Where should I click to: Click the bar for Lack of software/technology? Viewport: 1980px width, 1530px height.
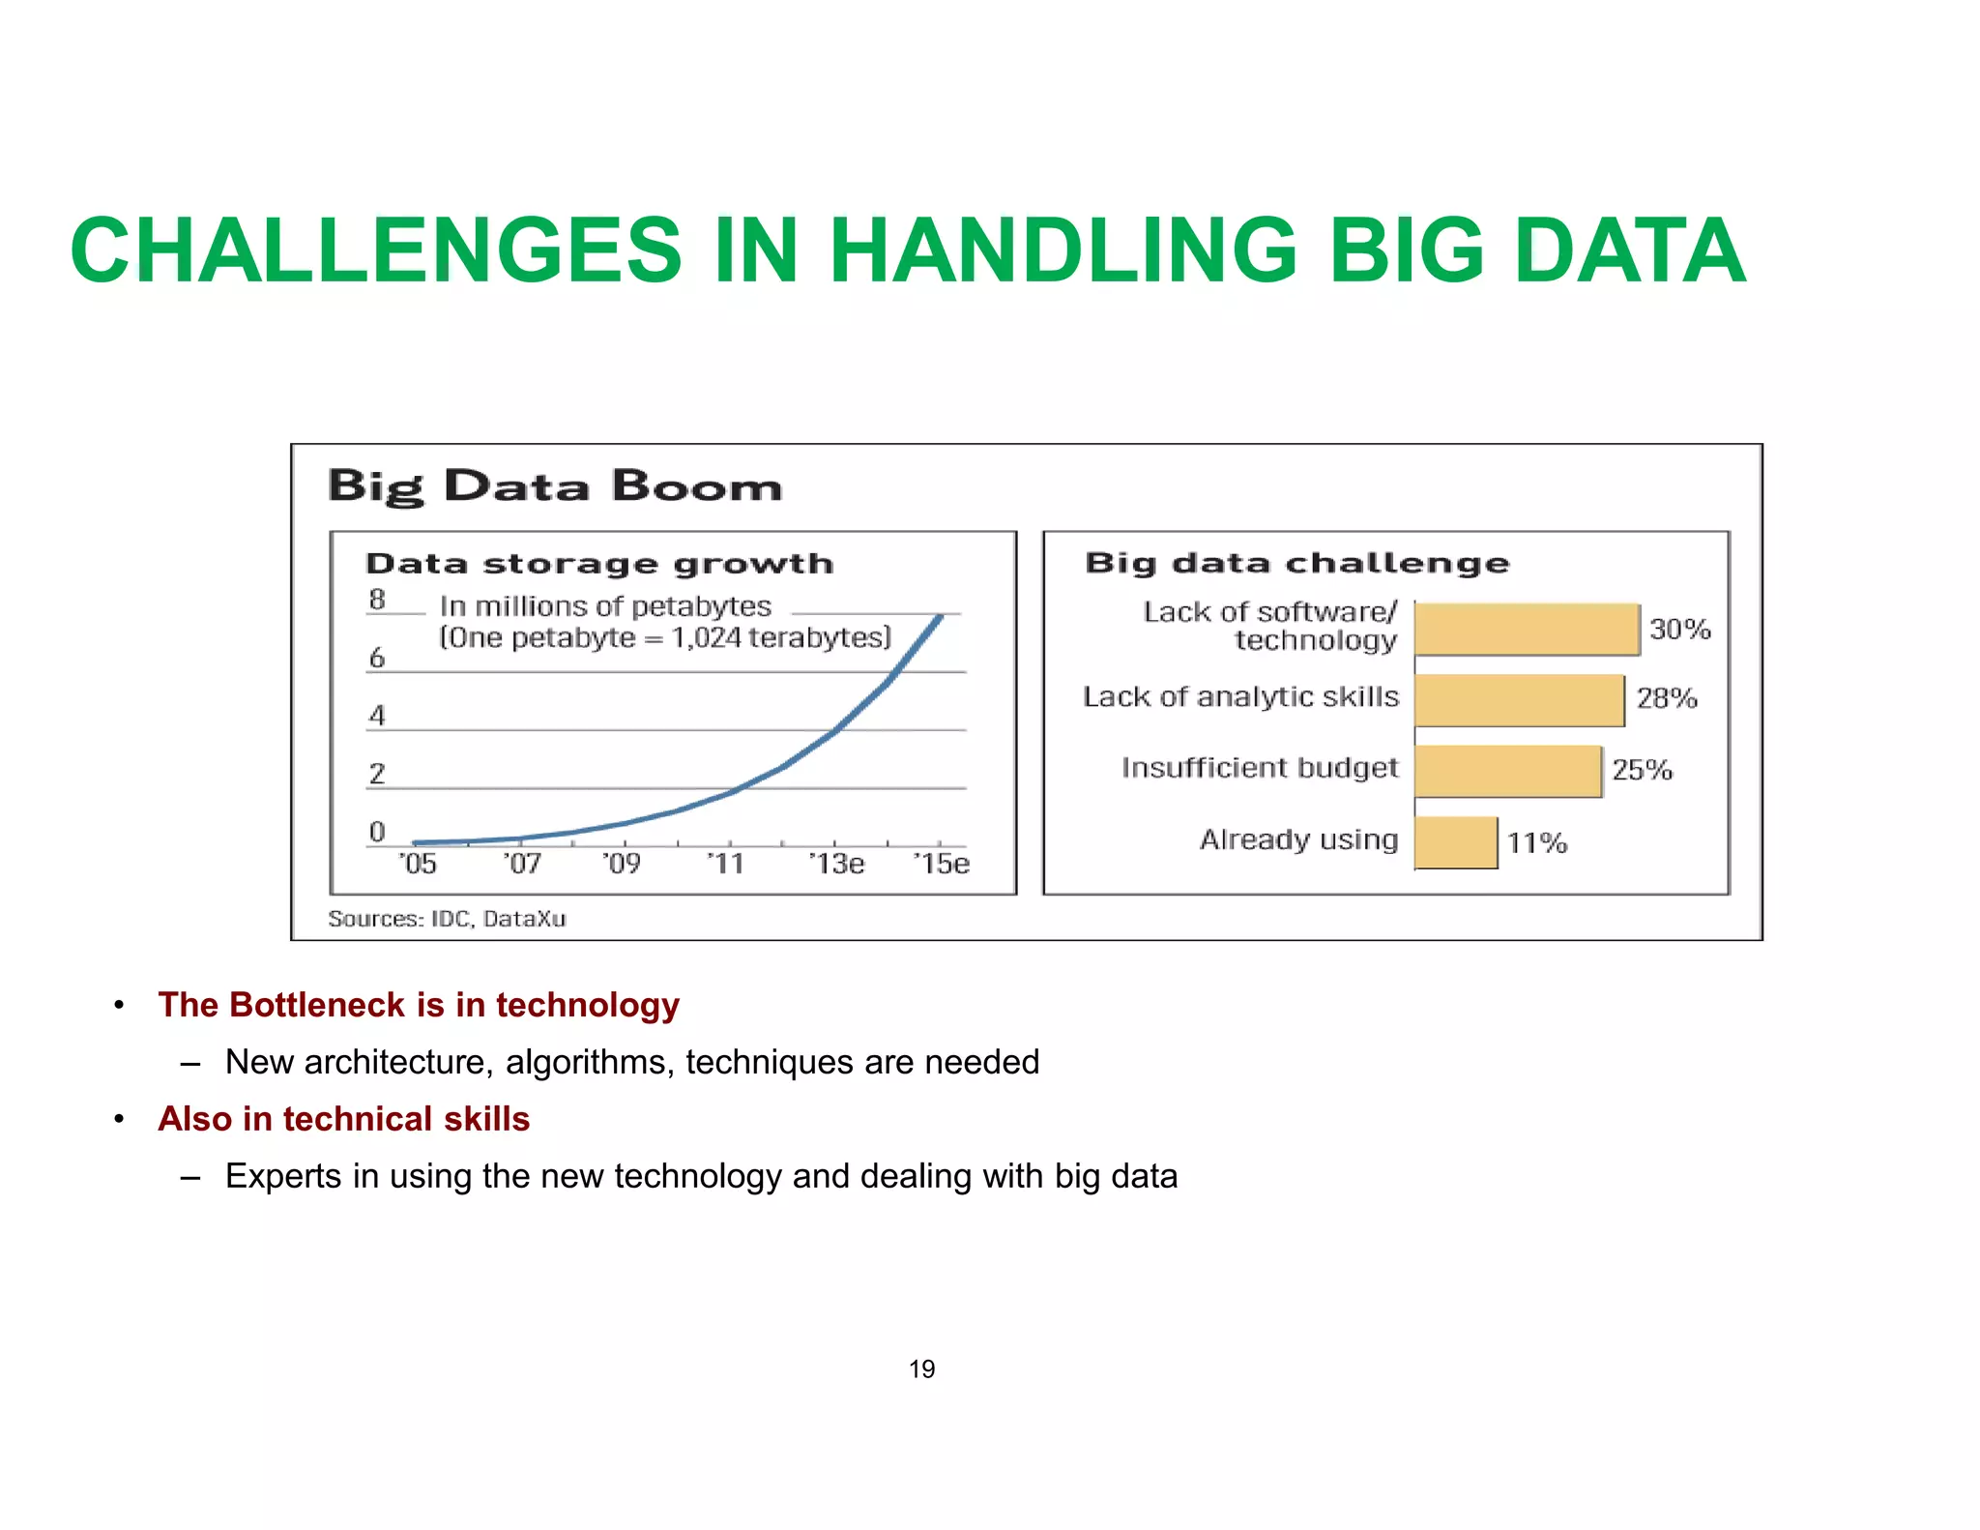pos(1527,629)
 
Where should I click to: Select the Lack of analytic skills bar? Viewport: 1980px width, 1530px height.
pos(1519,700)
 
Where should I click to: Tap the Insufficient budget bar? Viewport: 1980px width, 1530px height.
pos(1507,771)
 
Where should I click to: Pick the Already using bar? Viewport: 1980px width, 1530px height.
pos(1456,842)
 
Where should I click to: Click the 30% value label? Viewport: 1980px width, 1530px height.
pos(1679,630)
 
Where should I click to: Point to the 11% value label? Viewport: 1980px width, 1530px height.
pos(1536,843)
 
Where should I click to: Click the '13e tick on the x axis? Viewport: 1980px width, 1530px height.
pos(836,863)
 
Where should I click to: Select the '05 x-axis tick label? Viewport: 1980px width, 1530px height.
pos(418,863)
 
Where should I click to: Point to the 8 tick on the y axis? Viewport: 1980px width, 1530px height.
pos(377,600)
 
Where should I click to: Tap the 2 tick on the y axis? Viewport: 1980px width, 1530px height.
pos(377,774)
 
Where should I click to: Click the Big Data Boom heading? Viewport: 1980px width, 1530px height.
pos(554,485)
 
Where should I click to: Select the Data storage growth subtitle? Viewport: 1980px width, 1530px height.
pos(599,564)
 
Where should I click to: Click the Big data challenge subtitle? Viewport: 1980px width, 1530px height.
pos(1296,563)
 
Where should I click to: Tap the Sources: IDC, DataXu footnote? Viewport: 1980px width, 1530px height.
pos(447,919)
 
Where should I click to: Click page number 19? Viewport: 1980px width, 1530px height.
pos(921,1369)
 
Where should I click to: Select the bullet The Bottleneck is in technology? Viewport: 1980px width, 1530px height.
pos(419,1005)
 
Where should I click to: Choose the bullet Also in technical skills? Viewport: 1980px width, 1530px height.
pos(343,1119)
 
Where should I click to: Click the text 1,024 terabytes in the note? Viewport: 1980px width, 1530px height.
pos(778,638)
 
